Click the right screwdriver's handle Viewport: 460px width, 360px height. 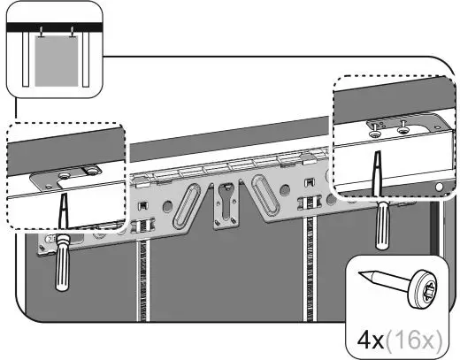coord(383,222)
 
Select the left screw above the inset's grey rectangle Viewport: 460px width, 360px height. coord(41,35)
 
